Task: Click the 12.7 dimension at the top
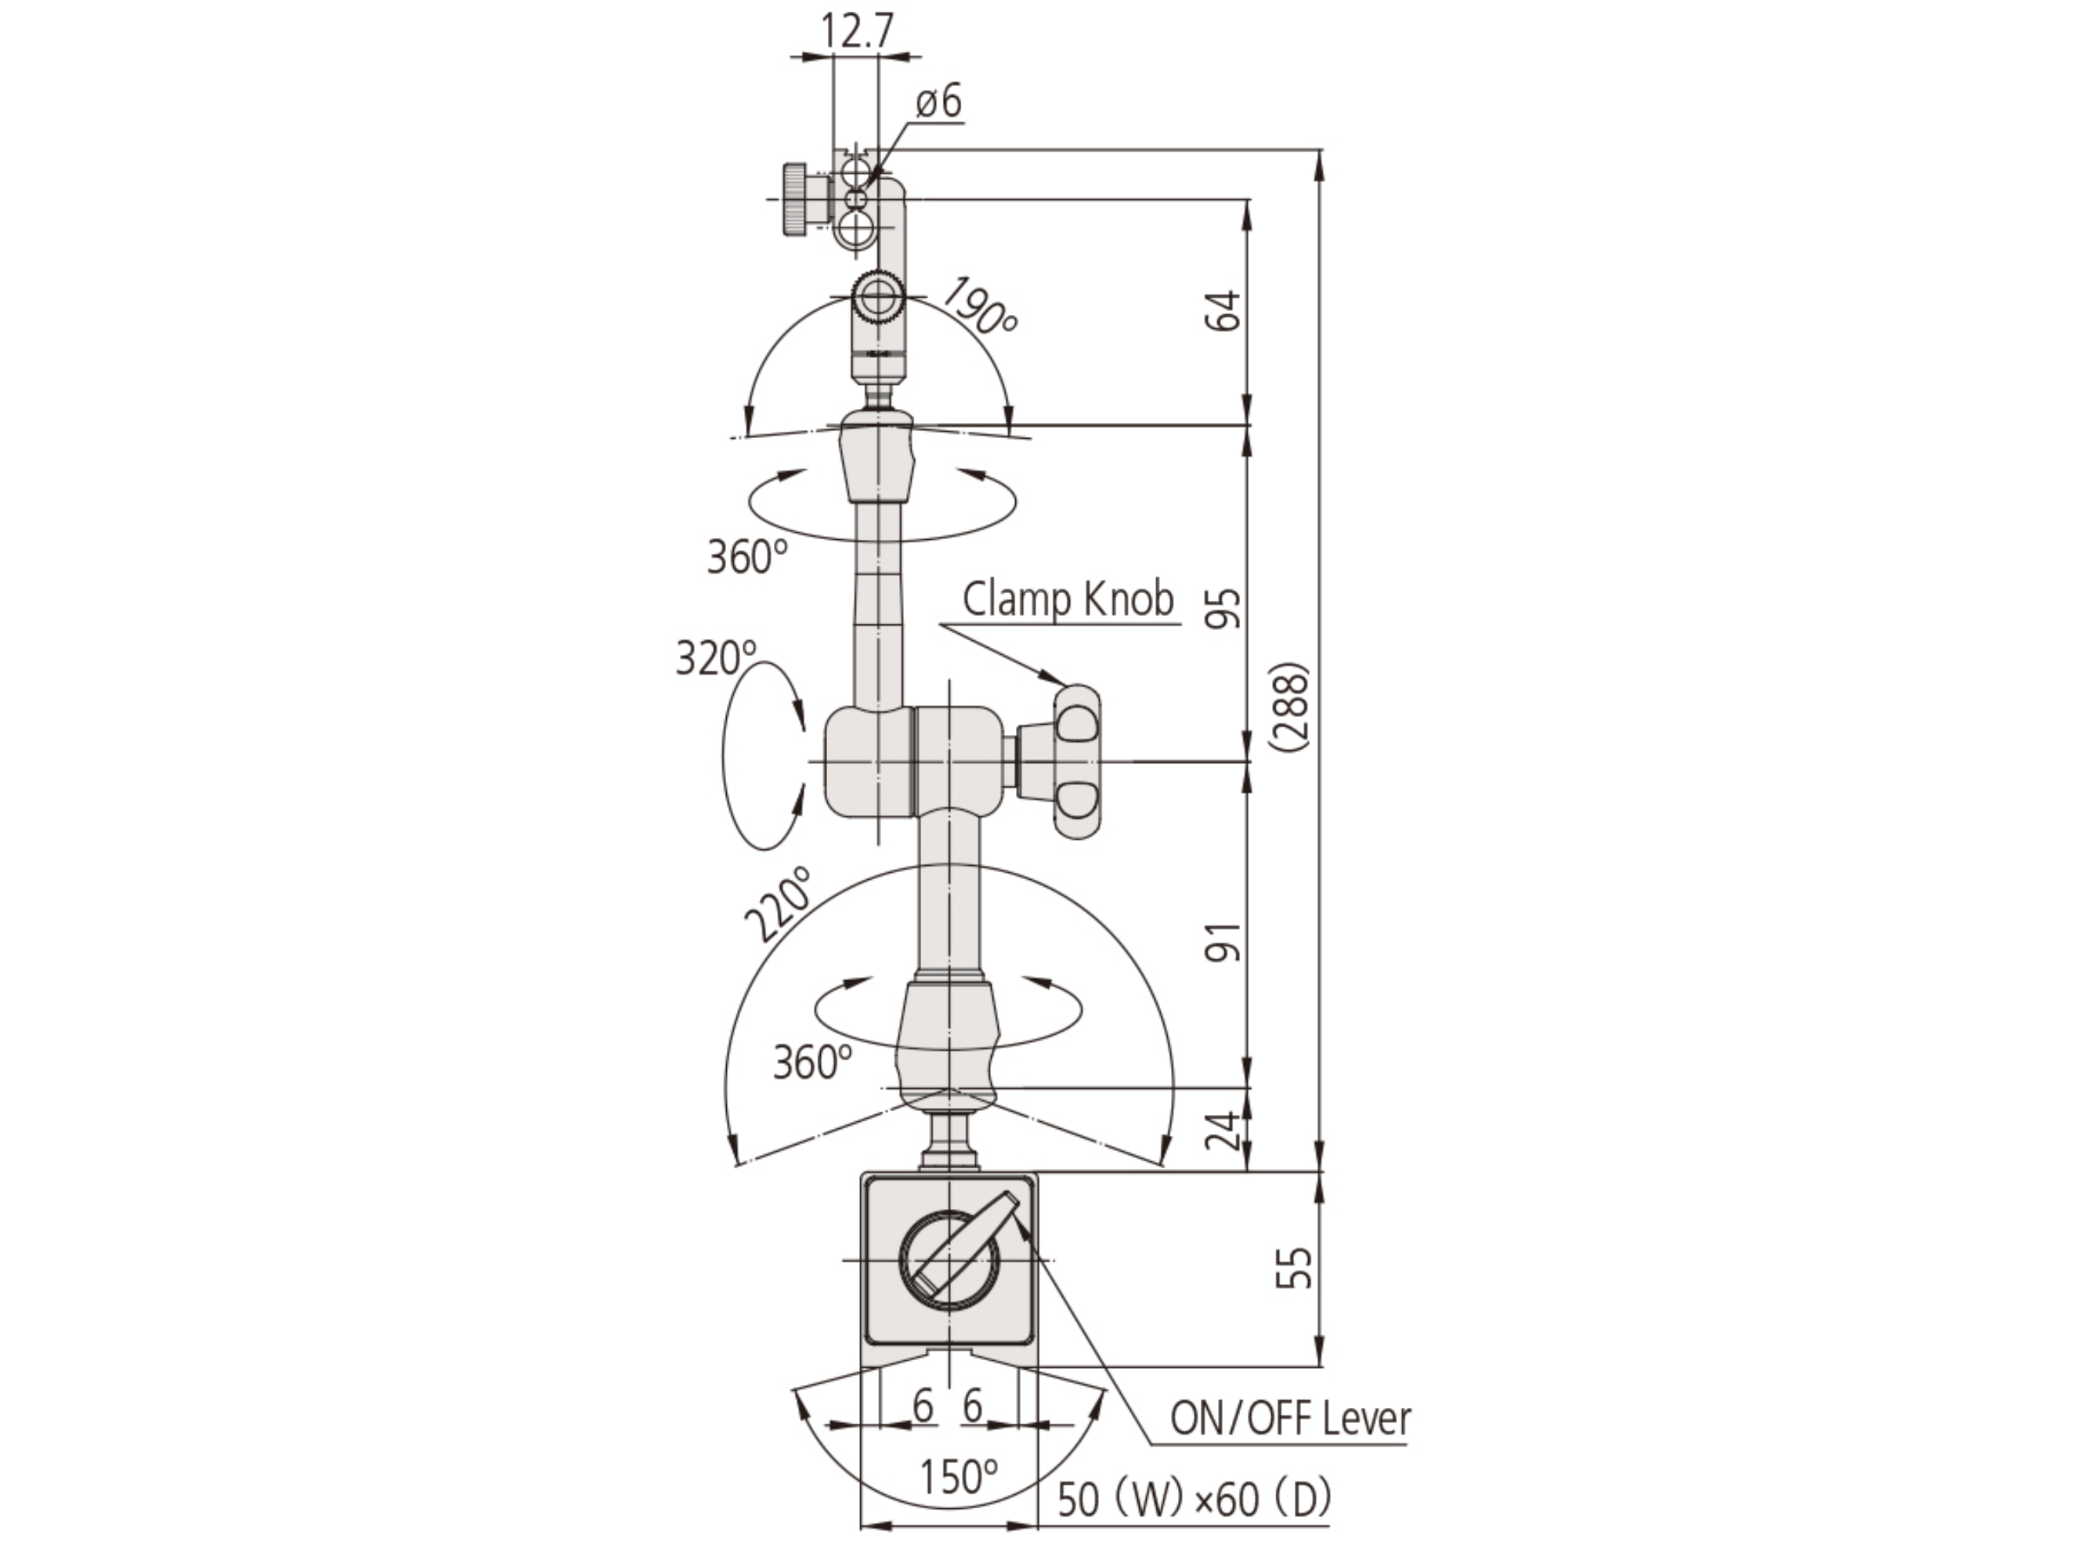pyautogui.click(x=855, y=31)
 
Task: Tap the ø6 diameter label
pyautogui.click(x=938, y=100)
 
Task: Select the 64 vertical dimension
pyautogui.click(x=1224, y=311)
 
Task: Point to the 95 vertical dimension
pyautogui.click(x=1224, y=607)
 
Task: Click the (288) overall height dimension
pyautogui.click(x=1290, y=707)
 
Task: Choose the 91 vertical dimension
pyautogui.click(x=1224, y=942)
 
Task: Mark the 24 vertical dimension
pyautogui.click(x=1224, y=1131)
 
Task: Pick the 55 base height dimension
pyautogui.click(x=1294, y=1268)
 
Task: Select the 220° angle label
pyautogui.click(x=778, y=904)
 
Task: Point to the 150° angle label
pyautogui.click(x=958, y=1476)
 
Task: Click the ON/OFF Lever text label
pyautogui.click(x=1290, y=1419)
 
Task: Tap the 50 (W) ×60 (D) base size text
pyautogui.click(x=1194, y=1499)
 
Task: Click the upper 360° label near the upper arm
pyautogui.click(x=746, y=556)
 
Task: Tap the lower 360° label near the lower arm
pyautogui.click(x=812, y=1062)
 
